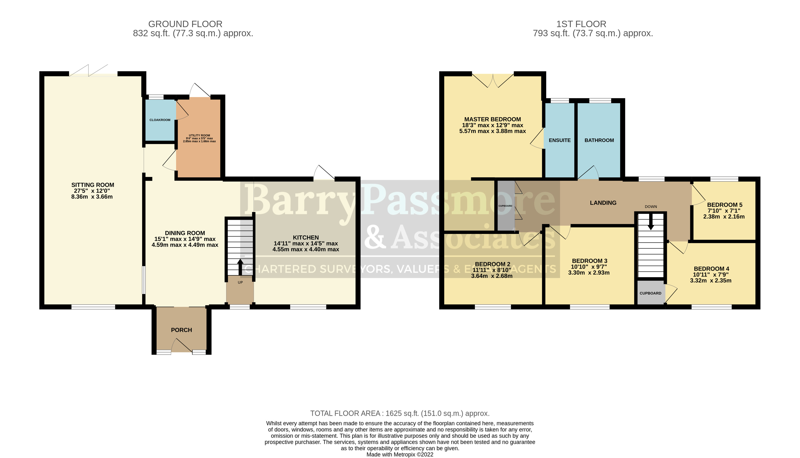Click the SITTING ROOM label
tap(93, 185)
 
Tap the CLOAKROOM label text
tap(160, 120)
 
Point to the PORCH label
tap(181, 330)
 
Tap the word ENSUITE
tap(560, 140)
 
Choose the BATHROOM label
tap(599, 140)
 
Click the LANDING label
tap(603, 203)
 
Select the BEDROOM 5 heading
tap(724, 205)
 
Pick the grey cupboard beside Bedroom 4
tap(651, 292)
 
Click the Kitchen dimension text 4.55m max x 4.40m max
tap(306, 249)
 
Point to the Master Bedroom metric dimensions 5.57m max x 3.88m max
tap(493, 131)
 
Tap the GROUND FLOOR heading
tap(185, 24)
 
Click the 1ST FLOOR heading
tap(581, 24)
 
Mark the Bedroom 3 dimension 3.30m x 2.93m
tap(589, 273)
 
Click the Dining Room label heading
tap(185, 233)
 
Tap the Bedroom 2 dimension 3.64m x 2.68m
tap(492, 276)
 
